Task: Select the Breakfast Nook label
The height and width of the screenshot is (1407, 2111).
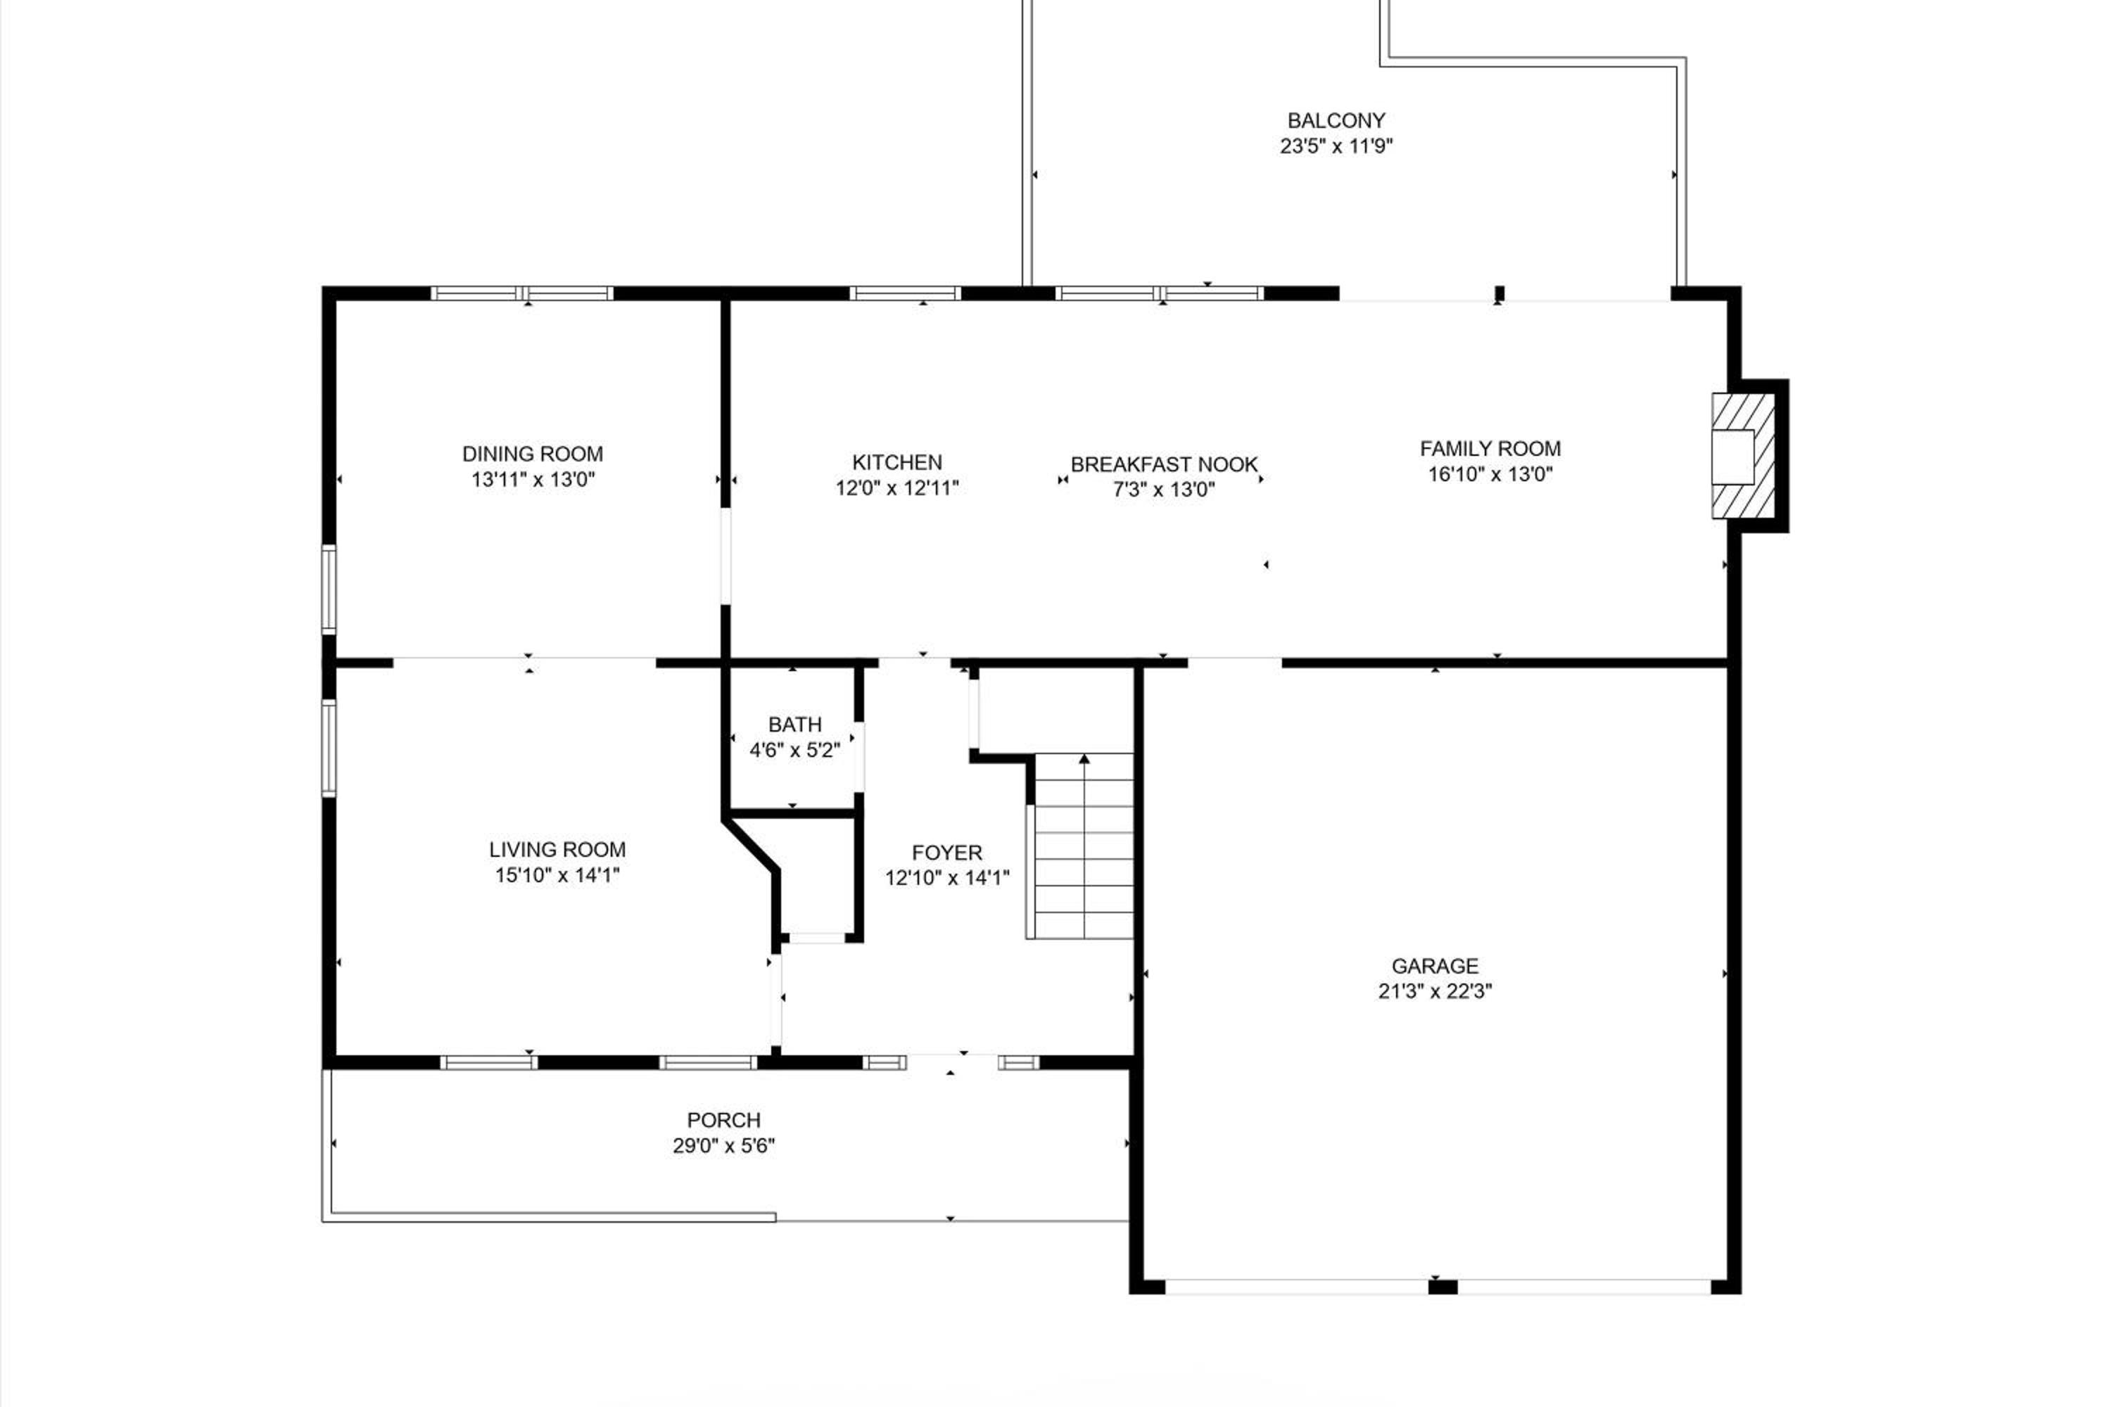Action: click(1164, 465)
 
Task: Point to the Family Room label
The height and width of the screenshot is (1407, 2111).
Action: click(1490, 449)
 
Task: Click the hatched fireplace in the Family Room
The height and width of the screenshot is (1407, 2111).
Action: click(1743, 456)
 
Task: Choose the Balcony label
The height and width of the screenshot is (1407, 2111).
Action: click(1336, 120)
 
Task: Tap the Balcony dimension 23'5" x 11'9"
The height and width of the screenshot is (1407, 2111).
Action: click(1336, 146)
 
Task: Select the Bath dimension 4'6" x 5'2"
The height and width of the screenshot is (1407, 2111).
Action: click(795, 750)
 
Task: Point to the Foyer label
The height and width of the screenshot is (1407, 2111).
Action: click(947, 853)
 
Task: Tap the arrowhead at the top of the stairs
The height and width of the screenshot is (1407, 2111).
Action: click(1084, 759)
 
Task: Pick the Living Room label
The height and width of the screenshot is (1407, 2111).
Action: click(557, 849)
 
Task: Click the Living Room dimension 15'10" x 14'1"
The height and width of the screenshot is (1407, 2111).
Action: click(557, 875)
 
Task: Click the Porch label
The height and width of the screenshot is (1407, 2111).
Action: click(723, 1120)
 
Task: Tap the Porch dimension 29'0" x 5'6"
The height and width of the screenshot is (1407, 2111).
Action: click(723, 1146)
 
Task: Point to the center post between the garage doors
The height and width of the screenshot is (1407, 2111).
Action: click(1443, 1287)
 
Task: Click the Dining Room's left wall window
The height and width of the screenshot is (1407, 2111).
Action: click(329, 589)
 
